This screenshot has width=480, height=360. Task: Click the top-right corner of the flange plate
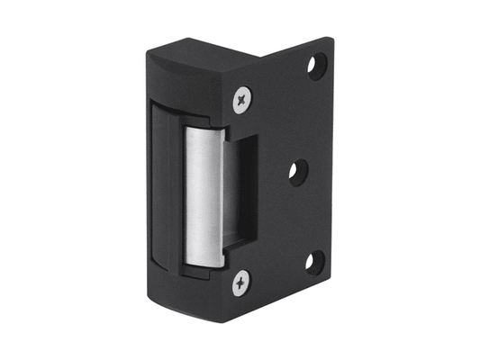point(325,39)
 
